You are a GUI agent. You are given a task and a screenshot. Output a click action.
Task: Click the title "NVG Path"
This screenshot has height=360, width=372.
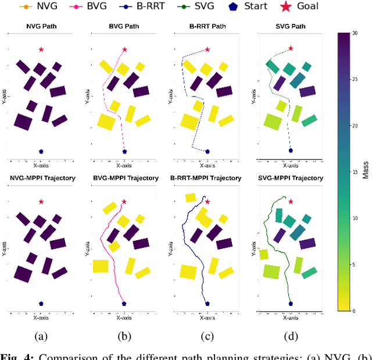coord(41,26)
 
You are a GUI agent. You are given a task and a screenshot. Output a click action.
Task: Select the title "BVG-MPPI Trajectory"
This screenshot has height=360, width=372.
coord(124,178)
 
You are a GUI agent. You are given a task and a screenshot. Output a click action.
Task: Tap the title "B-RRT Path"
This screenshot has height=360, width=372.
coord(207,26)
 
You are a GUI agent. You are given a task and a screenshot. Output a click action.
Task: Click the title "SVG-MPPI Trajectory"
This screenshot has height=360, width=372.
coord(291,178)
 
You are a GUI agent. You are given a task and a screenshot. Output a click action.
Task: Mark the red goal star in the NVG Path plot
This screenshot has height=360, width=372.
coord(41,49)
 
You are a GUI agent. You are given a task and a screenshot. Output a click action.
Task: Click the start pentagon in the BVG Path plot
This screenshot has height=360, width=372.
coord(124,152)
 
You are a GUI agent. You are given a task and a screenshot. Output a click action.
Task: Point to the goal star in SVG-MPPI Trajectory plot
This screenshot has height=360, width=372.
coord(291,201)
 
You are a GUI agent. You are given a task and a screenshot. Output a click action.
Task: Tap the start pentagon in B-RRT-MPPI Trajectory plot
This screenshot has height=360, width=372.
coord(208,303)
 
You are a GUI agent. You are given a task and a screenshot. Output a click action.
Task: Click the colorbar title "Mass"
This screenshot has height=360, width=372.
coord(366,172)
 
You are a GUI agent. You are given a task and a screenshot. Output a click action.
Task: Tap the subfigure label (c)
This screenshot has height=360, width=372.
coord(207,336)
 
